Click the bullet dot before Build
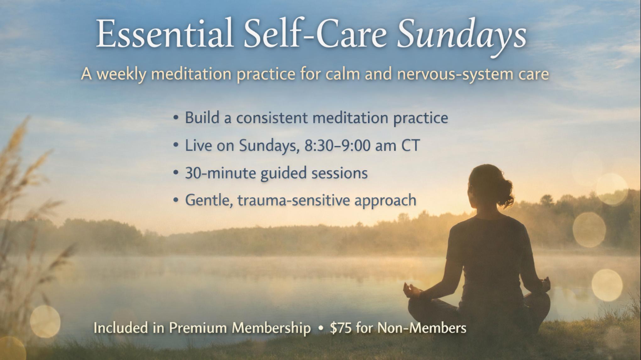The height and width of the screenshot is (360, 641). [176, 118]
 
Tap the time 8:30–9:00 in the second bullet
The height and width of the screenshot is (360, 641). [337, 145]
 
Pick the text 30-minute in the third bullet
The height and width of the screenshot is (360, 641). [220, 173]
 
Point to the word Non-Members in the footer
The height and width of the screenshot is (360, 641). [422, 328]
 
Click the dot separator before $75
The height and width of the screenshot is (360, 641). [320, 329]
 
